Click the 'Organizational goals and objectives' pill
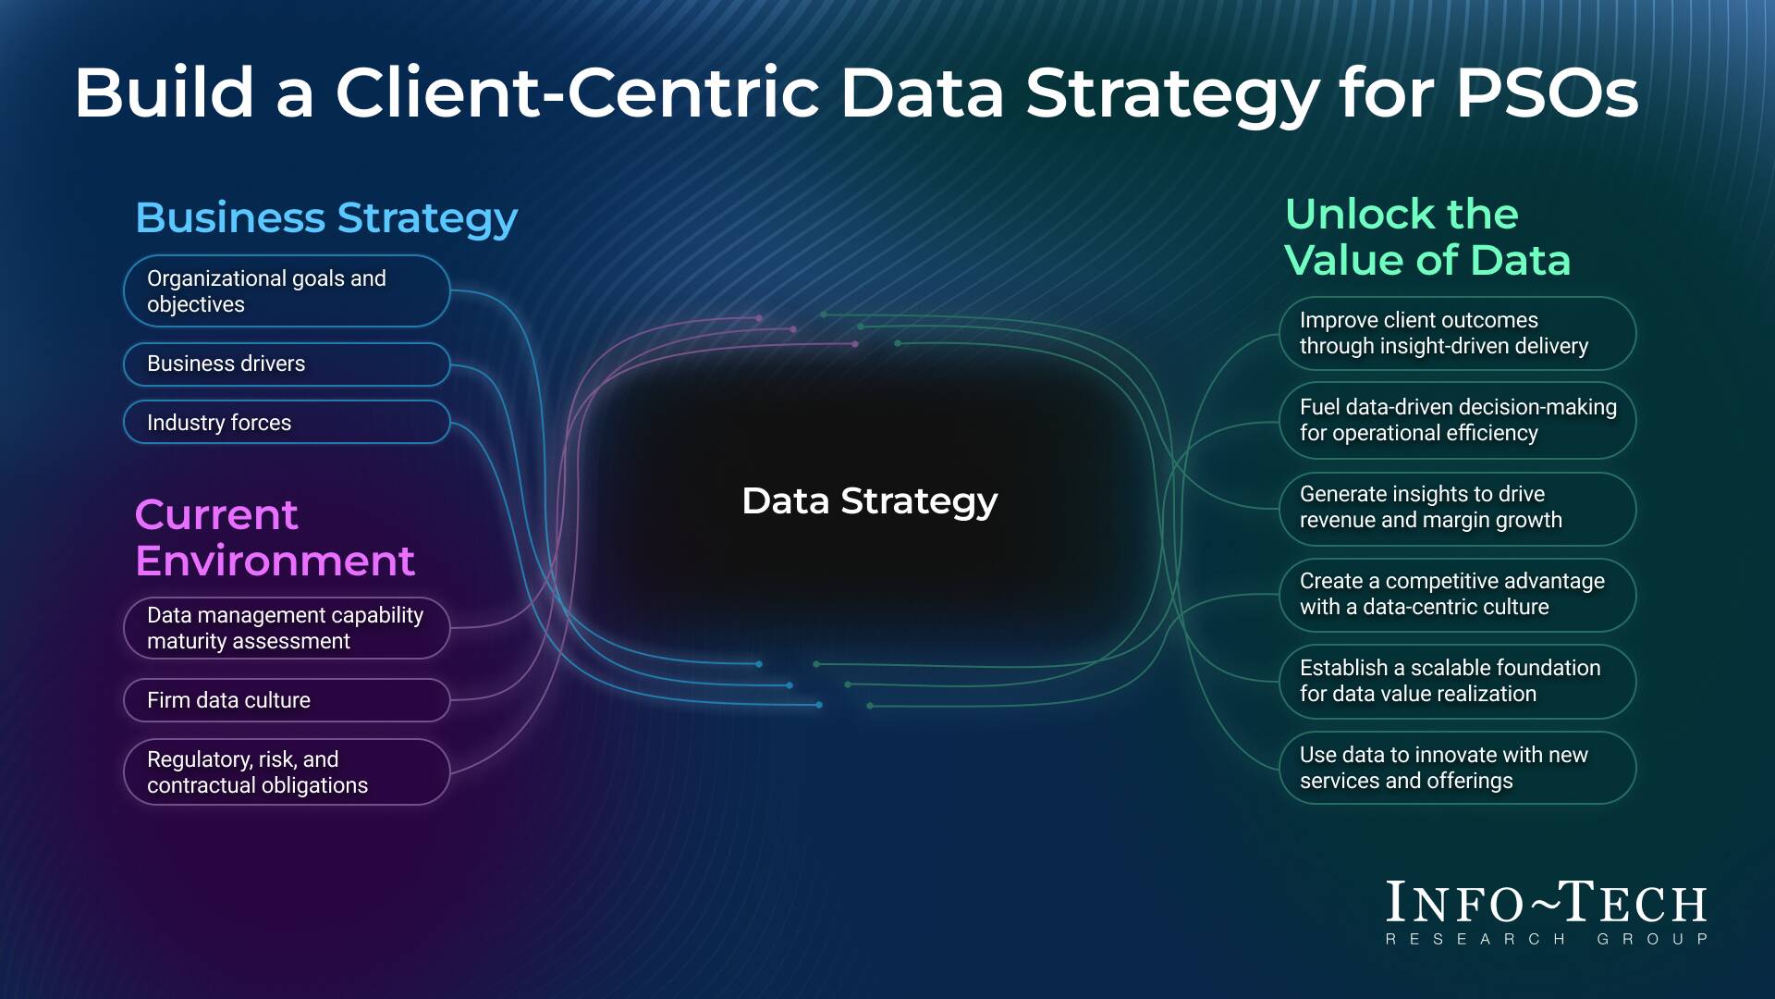coord(287,291)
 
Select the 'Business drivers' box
coord(287,364)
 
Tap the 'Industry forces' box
coord(287,423)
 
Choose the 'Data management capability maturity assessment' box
coord(287,628)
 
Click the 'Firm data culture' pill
coord(287,700)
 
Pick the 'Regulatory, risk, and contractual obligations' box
coord(287,772)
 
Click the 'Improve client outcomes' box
coord(1457,333)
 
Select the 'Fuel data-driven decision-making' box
coord(1457,420)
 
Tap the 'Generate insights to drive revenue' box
coord(1457,507)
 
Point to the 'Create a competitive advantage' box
coord(1457,594)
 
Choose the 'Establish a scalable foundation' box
coord(1457,681)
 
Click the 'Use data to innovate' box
coord(1457,768)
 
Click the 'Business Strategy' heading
coord(326,218)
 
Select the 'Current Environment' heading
coord(275,537)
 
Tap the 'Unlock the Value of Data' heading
coord(1426,237)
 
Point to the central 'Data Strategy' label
coord(869,501)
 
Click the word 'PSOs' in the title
coord(1547,92)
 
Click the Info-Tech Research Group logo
coord(1546,912)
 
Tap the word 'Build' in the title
coord(164,92)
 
